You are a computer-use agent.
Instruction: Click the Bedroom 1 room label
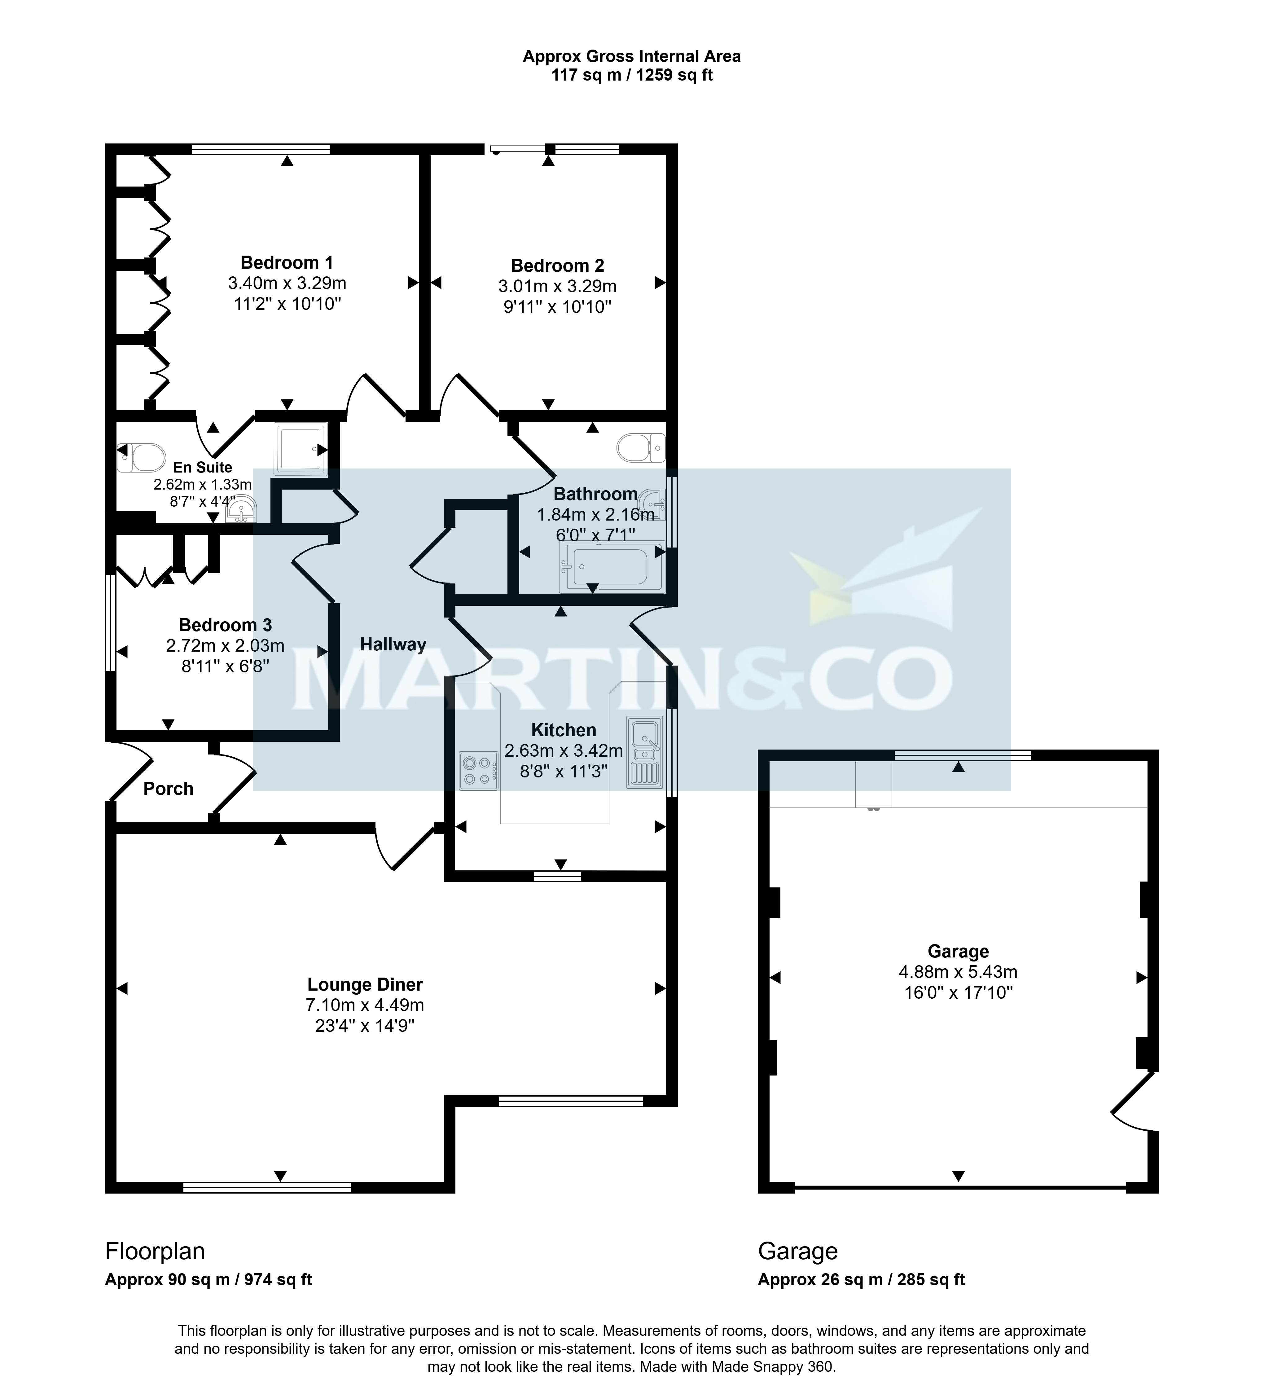pos(287,262)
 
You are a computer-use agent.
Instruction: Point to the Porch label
pos(168,788)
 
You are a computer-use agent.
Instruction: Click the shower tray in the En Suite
pos(301,449)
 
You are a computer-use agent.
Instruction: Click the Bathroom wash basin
pos(653,504)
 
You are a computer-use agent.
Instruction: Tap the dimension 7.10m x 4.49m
pos(365,1005)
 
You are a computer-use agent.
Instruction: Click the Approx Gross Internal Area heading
pos(631,56)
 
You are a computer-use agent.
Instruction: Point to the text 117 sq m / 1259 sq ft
pos(631,75)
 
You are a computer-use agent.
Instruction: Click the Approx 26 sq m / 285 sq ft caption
pos(861,1280)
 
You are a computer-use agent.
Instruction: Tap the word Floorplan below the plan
pos(155,1251)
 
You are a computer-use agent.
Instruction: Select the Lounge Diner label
pos(365,985)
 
